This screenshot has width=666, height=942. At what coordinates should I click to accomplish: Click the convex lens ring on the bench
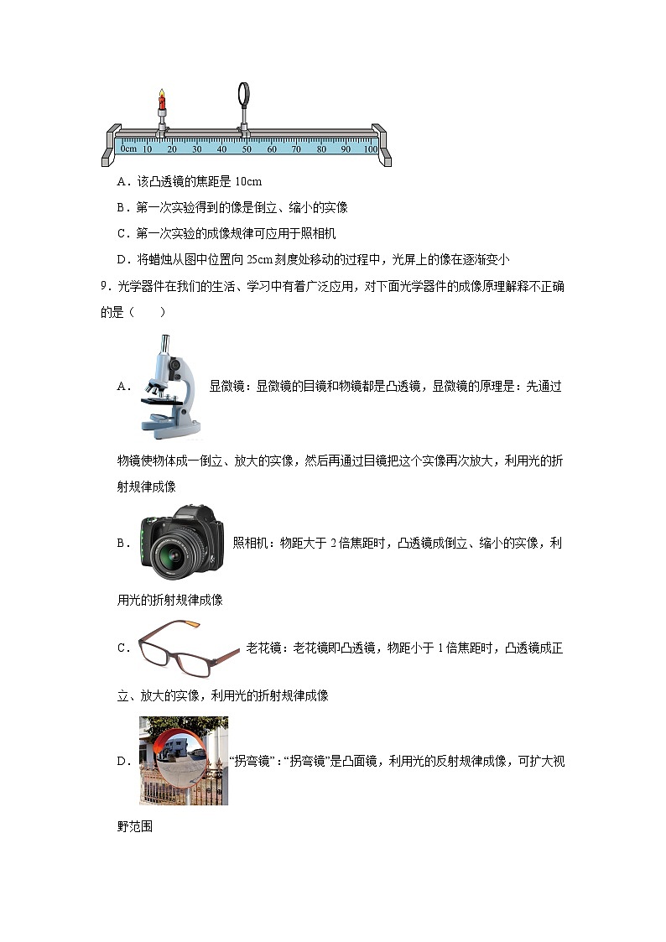[245, 92]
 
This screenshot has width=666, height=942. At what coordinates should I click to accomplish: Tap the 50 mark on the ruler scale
[247, 149]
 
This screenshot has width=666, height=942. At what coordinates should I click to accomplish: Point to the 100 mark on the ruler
[370, 149]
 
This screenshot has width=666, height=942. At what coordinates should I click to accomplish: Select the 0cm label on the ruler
[128, 149]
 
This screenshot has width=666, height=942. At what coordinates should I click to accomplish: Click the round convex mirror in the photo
[179, 760]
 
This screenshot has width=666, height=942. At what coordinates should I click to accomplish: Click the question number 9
[103, 287]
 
